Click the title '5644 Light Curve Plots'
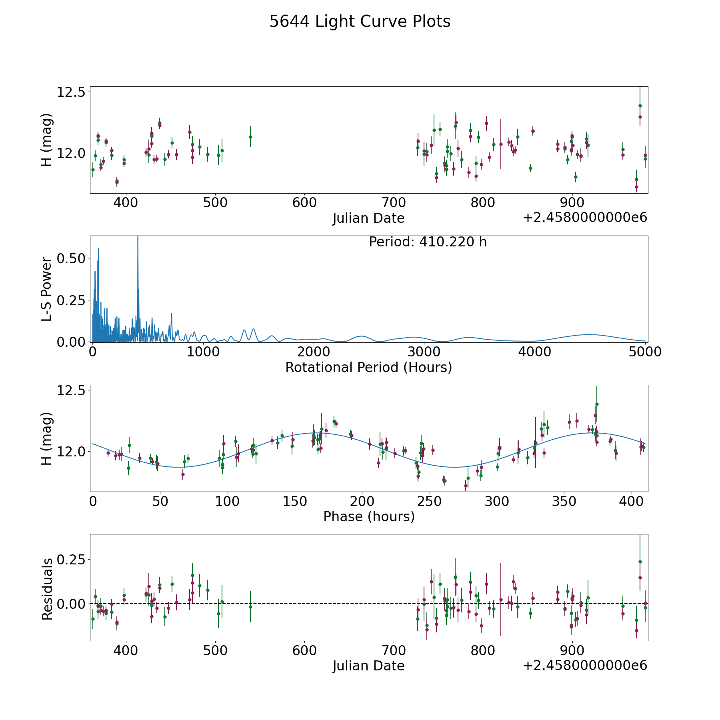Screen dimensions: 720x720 click(x=360, y=22)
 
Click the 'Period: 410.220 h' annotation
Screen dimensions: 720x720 click(x=428, y=242)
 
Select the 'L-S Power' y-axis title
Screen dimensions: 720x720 click(x=47, y=289)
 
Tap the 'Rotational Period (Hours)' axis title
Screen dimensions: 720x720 click(x=368, y=367)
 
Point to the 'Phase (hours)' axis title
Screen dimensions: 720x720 click(x=369, y=516)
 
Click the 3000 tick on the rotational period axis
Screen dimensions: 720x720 click(x=424, y=352)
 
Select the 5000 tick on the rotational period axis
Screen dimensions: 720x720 click(x=644, y=352)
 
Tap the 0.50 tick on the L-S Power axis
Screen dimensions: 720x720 click(x=71, y=258)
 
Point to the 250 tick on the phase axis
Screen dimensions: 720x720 click(x=429, y=501)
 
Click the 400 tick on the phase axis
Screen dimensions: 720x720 click(x=631, y=501)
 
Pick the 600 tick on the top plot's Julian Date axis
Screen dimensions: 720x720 click(x=304, y=203)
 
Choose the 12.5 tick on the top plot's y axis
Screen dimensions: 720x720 click(x=71, y=92)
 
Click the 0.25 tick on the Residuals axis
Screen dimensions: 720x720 click(x=71, y=559)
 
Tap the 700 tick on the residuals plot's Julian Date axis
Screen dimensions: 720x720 click(x=394, y=651)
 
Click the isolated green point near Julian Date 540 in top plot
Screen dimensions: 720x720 click(x=250, y=137)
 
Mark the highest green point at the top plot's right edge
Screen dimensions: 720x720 click(x=640, y=106)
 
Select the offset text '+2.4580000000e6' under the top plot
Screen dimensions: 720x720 click(x=585, y=218)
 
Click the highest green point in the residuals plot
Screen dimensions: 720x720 click(x=640, y=562)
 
